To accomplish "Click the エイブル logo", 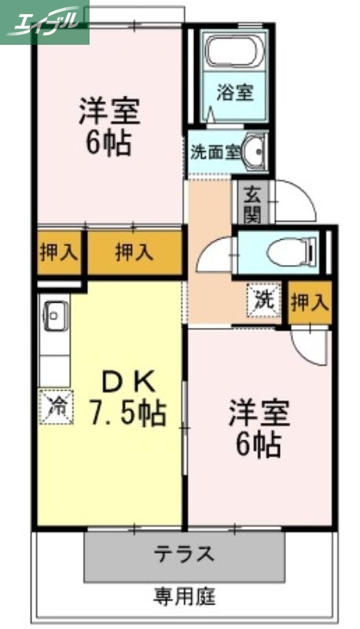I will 45,21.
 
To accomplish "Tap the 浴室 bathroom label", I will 234,92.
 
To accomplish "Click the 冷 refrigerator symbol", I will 57,406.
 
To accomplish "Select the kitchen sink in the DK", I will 54,316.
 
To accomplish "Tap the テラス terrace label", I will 184,554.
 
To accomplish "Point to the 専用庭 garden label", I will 184,595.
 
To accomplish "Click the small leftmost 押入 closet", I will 58,253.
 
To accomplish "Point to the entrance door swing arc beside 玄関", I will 295,201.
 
